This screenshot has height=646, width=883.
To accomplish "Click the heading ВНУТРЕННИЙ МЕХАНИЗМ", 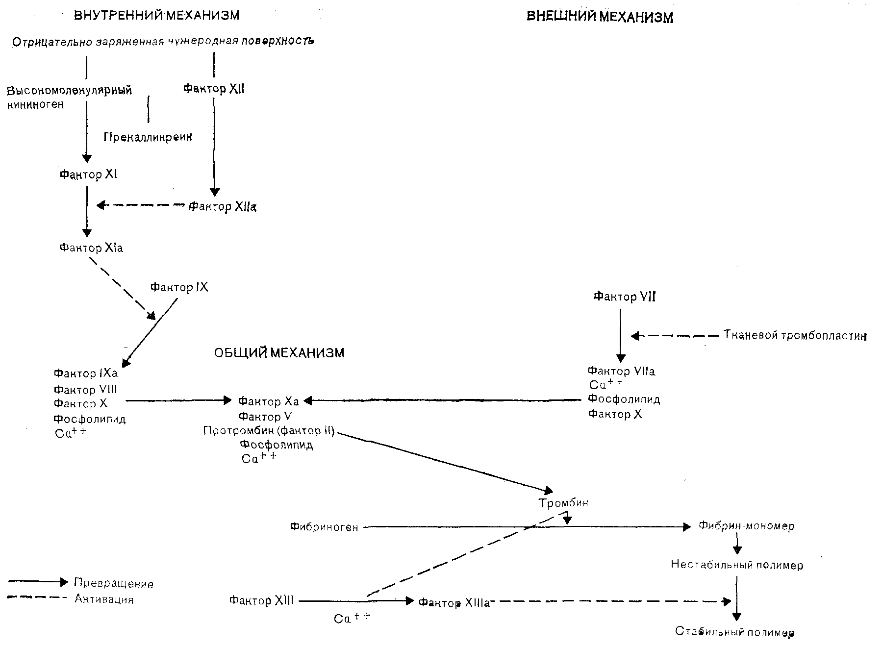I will pyautogui.click(x=156, y=15).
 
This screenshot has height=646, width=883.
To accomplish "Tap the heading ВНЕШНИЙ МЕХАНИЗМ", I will pyautogui.click(x=600, y=17).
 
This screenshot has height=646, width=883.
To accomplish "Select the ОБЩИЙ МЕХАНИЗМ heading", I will pyautogui.click(x=279, y=353).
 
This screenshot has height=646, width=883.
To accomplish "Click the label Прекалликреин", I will pyautogui.click(x=148, y=137).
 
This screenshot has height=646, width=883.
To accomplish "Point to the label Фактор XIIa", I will pyautogui.click(x=223, y=207).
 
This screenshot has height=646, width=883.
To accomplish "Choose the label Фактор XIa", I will pyautogui.click(x=91, y=248).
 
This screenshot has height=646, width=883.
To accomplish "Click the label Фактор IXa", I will pyautogui.click(x=86, y=373).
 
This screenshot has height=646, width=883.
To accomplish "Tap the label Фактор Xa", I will pyautogui.click(x=268, y=401).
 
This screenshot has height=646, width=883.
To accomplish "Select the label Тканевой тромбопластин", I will pyautogui.click(x=795, y=336).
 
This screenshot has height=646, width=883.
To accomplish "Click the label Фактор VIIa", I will pyautogui.click(x=621, y=371).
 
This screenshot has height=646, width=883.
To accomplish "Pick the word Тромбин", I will pyautogui.click(x=563, y=503).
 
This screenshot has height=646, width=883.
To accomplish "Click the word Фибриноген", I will pyautogui.click(x=324, y=527).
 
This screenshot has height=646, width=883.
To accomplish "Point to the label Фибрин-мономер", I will pyautogui.click(x=746, y=526).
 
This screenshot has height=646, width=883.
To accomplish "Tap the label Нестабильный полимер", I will pyautogui.click(x=737, y=565).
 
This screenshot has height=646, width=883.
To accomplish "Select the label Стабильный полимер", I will pyautogui.click(x=734, y=631).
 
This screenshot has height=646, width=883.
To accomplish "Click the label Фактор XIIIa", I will pyautogui.click(x=454, y=603).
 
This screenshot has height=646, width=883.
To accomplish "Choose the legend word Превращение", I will pyautogui.click(x=114, y=583).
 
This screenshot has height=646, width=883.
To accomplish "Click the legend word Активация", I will pyautogui.click(x=104, y=599).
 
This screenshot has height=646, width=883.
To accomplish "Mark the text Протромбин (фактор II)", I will pyautogui.click(x=269, y=431).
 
